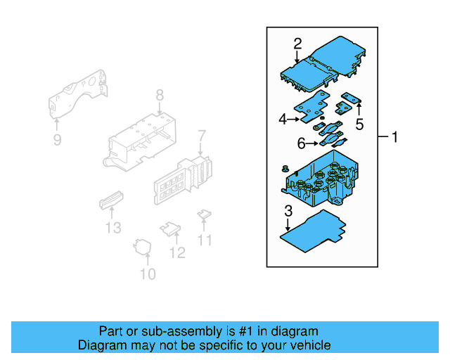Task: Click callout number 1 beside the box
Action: point(394,137)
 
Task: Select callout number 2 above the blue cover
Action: point(297,43)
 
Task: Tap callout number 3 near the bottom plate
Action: point(288,210)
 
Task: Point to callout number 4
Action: point(283,120)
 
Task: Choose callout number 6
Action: point(301,143)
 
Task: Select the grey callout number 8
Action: point(160,94)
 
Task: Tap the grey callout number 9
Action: point(57,140)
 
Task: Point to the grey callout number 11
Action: point(205,240)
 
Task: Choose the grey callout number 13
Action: point(113,227)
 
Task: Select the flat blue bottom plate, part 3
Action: point(313,231)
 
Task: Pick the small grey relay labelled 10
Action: point(144,247)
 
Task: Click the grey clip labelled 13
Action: point(110,201)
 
